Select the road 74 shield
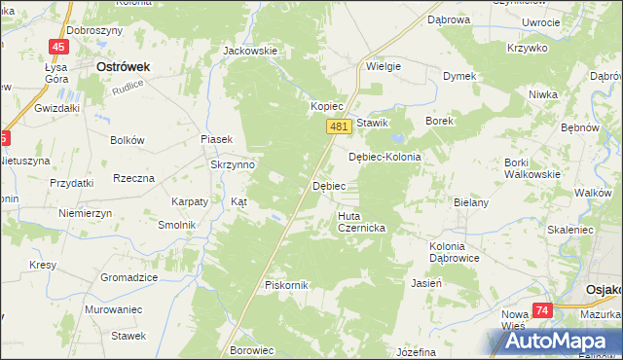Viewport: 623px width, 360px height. pos(542,310)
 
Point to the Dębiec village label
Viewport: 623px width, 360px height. pos(327,185)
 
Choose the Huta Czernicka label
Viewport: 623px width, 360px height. pos(362,222)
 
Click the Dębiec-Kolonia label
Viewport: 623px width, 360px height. pos(385,157)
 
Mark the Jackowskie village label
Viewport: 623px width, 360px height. pos(250,51)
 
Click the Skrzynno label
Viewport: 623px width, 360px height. pos(233,164)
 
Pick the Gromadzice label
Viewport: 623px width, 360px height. pos(129,277)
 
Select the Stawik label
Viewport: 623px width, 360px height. pos(372,123)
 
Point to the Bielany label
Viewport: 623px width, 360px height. pos(469,201)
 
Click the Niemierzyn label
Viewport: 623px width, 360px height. pos(85,213)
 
